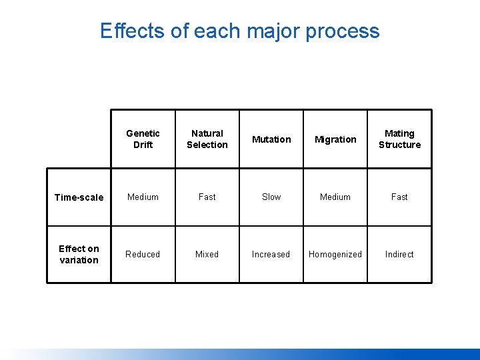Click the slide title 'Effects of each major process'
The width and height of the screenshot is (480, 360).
click(x=239, y=31)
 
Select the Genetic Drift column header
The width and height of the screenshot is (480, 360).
click(x=143, y=139)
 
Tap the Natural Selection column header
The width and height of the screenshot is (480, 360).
click(x=207, y=139)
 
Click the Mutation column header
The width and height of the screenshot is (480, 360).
click(x=271, y=139)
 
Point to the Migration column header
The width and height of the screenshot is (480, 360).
click(x=335, y=139)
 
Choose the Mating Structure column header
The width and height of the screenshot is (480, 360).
click(x=399, y=139)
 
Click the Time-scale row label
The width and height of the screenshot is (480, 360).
click(x=79, y=197)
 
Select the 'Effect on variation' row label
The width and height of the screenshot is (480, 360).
click(x=79, y=254)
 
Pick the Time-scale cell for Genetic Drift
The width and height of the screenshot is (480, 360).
click(x=143, y=197)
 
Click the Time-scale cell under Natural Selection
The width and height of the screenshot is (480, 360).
click(x=207, y=197)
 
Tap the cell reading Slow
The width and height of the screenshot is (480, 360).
click(x=271, y=197)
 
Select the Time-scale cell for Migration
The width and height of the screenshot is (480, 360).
click(x=335, y=197)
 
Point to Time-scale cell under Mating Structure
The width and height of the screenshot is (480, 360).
click(x=399, y=197)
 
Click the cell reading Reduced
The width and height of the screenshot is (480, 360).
click(x=143, y=254)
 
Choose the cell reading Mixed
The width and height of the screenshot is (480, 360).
click(x=207, y=254)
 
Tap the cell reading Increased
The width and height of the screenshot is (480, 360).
click(x=271, y=254)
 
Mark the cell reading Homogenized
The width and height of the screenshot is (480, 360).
click(x=335, y=254)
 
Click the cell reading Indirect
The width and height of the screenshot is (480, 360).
click(x=399, y=254)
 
